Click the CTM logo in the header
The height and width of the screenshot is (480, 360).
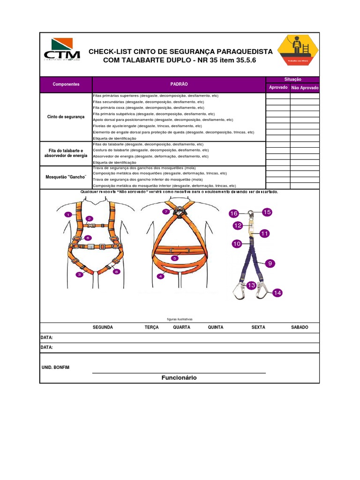pos(61,50)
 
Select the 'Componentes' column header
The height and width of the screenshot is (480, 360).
pos(66,84)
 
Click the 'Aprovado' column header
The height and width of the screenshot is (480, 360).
pos(278,88)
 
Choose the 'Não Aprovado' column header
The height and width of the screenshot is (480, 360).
pos(305,88)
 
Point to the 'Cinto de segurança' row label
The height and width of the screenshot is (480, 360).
pos(66,116)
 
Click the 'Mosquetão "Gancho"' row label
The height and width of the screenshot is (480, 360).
pos(66,177)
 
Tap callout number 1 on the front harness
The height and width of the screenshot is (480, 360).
pos(68,214)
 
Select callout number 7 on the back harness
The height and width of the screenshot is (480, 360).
pos(165,212)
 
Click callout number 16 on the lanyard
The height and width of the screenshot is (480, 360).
pos(233,214)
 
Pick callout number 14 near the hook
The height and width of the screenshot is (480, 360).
pos(277,292)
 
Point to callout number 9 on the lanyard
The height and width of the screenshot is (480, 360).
pos(270,264)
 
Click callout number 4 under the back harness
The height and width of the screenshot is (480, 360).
pos(161,277)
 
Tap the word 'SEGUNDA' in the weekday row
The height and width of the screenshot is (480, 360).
pos(103,327)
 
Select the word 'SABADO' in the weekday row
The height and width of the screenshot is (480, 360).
pos(300,327)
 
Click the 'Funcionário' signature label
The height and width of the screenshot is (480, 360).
pos(179,378)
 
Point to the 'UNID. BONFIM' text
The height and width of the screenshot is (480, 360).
pos(56,367)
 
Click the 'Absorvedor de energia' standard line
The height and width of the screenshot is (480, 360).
pos(150,156)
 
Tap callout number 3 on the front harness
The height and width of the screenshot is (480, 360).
pos(80,274)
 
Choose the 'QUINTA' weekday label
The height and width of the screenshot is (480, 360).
pos(216,327)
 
